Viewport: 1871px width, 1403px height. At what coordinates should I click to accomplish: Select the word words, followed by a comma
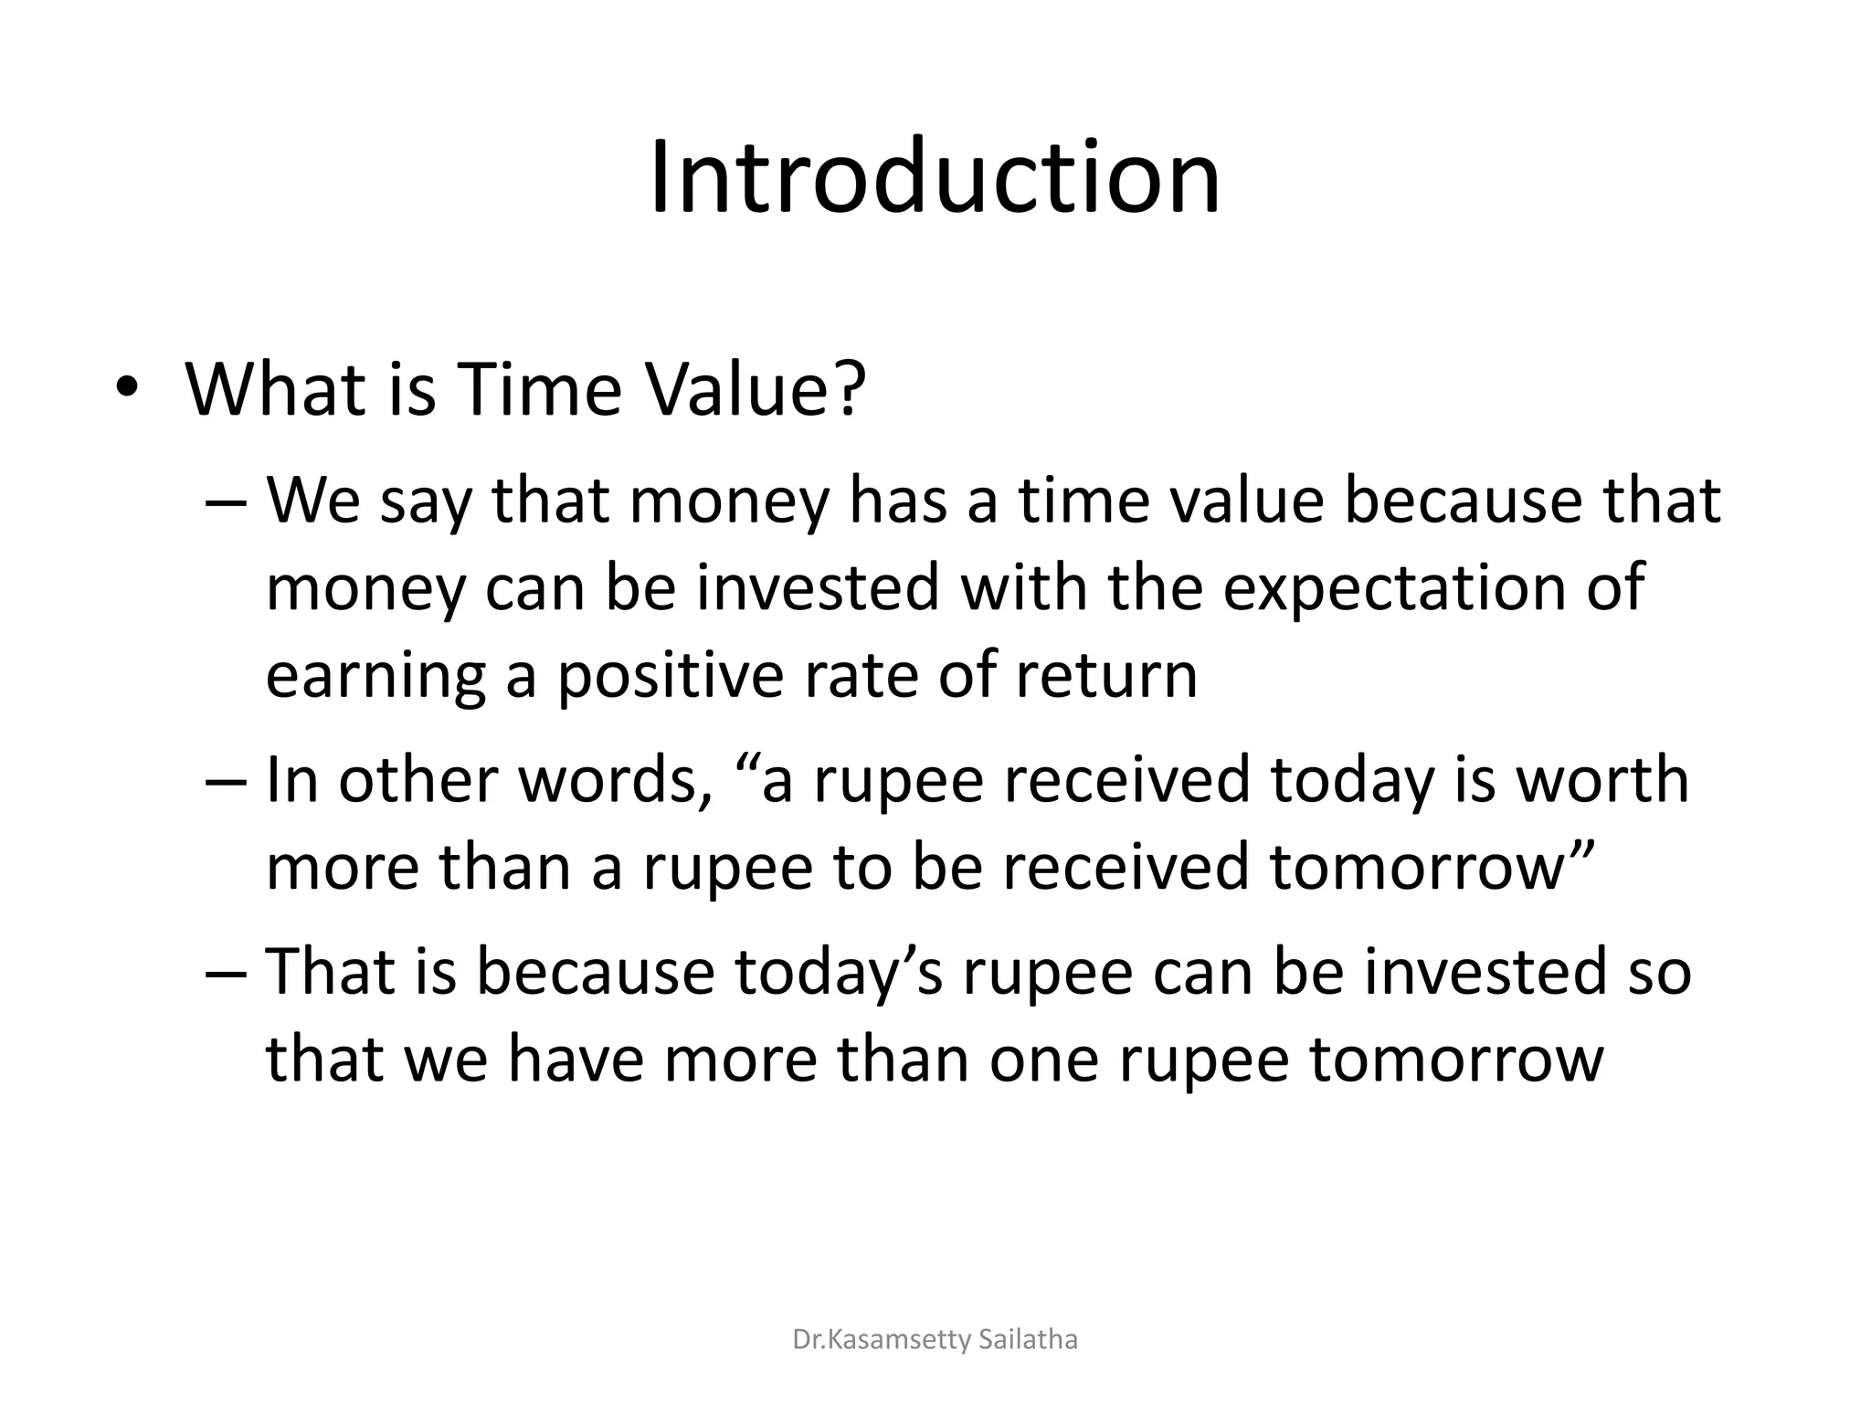[x=616, y=780]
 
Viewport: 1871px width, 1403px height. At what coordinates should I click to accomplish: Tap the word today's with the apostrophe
[x=840, y=972]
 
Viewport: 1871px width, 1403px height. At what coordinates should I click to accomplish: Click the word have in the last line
[x=576, y=1060]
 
